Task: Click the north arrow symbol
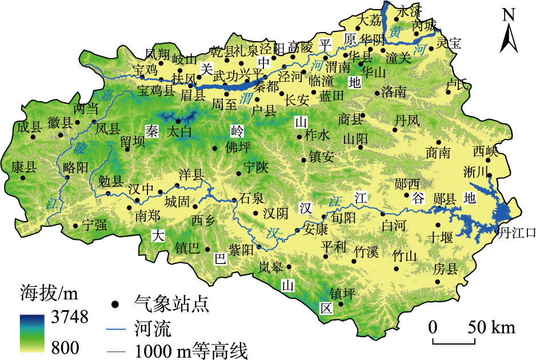509,32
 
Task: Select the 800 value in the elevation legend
63,346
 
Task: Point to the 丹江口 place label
517,233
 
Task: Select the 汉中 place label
141,188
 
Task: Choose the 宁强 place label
94,225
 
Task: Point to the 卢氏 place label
458,85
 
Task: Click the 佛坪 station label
238,148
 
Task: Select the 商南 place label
438,153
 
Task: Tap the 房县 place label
445,269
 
